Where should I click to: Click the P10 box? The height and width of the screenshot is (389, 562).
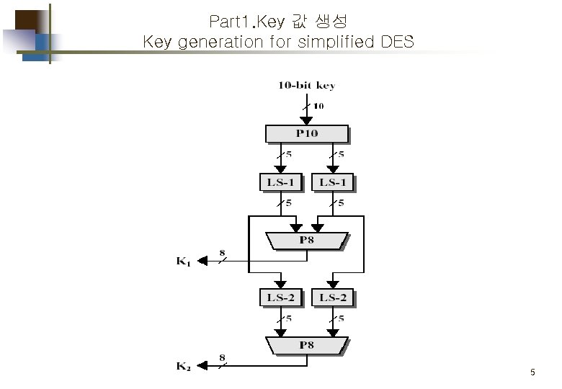coord(306,133)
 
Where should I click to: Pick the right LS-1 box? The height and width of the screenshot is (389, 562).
coord(333,182)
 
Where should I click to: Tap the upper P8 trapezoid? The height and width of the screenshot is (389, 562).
coord(306,240)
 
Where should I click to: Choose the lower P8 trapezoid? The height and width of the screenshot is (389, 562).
coord(306,346)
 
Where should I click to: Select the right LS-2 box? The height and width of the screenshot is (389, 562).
coord(333,297)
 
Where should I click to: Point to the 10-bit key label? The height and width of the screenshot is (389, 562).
coord(306,86)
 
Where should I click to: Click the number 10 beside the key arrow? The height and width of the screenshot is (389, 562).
coord(318,105)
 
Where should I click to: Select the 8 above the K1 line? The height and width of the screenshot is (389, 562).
coord(222,253)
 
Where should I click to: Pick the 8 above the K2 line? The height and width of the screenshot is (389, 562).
coord(222,358)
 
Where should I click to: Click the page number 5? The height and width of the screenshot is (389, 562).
coord(532,372)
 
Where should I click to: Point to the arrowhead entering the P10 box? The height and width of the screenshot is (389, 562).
coord(306,120)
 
